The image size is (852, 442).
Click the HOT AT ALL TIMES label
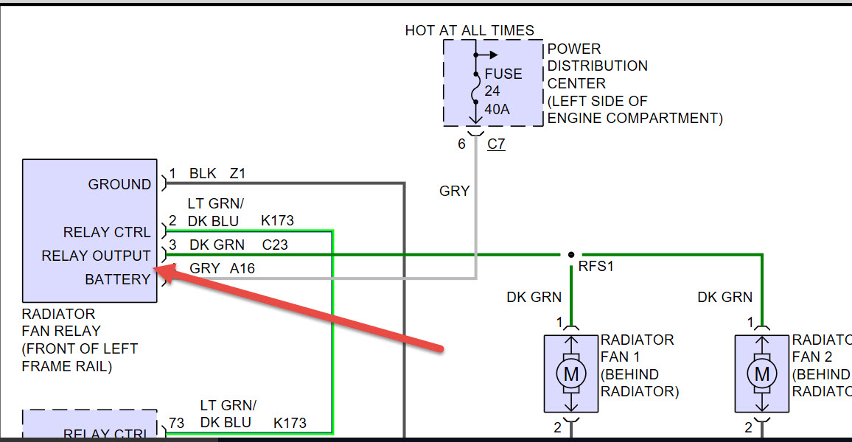469,30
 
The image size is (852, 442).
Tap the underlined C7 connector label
496,144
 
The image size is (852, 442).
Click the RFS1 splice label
596,267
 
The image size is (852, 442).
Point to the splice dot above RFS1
571,255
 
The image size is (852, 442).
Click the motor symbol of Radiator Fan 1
571,374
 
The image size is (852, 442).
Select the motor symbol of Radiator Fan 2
762,374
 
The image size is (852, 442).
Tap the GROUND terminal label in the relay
119,184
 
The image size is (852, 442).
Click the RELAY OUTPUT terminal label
96,256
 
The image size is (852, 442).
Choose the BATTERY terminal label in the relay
117,279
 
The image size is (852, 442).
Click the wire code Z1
237,174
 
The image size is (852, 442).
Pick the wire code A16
242,269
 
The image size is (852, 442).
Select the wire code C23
274,245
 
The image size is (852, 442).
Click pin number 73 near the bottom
176,423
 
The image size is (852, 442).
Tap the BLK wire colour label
203,174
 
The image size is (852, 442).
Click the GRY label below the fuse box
454,191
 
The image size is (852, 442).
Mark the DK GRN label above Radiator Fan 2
725,298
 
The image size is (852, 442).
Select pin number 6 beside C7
461,144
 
